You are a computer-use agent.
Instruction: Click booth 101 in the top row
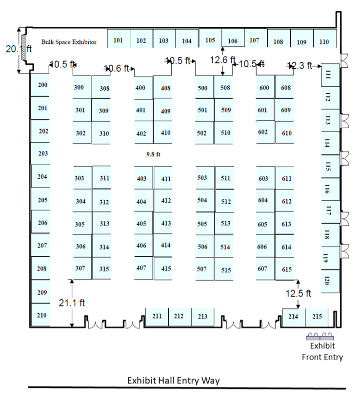118,40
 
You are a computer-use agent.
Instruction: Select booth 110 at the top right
324,41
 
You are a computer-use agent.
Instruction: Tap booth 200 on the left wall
42,85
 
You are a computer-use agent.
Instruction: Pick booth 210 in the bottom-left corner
42,315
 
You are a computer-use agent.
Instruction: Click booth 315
104,269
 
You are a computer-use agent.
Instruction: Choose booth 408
165,88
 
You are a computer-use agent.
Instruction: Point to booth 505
202,224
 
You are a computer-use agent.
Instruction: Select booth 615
287,269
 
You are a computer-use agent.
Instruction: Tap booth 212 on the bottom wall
179,316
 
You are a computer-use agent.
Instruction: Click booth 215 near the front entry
317,317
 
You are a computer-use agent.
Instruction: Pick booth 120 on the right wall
327,280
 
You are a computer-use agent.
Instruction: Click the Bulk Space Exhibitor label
69,42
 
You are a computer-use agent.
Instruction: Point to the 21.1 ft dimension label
72,303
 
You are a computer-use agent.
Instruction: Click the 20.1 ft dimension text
19,49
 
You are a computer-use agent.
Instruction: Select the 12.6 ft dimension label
222,60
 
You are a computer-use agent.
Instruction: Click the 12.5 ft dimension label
299,293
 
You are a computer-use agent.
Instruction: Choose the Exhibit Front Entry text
322,351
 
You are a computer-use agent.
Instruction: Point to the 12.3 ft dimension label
300,65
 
